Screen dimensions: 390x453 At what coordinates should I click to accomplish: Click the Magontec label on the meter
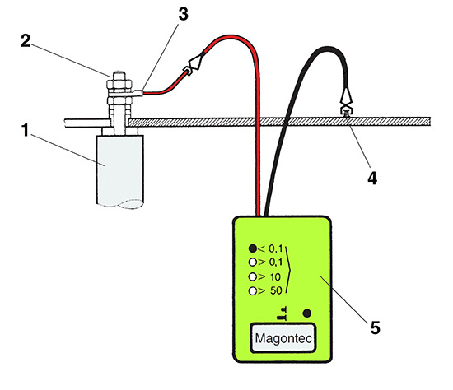tap(285, 338)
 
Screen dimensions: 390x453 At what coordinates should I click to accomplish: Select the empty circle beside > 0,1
tap(253, 262)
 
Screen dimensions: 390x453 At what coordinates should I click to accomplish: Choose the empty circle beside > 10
tap(253, 276)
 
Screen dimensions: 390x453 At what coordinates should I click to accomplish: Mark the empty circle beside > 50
tap(253, 291)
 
